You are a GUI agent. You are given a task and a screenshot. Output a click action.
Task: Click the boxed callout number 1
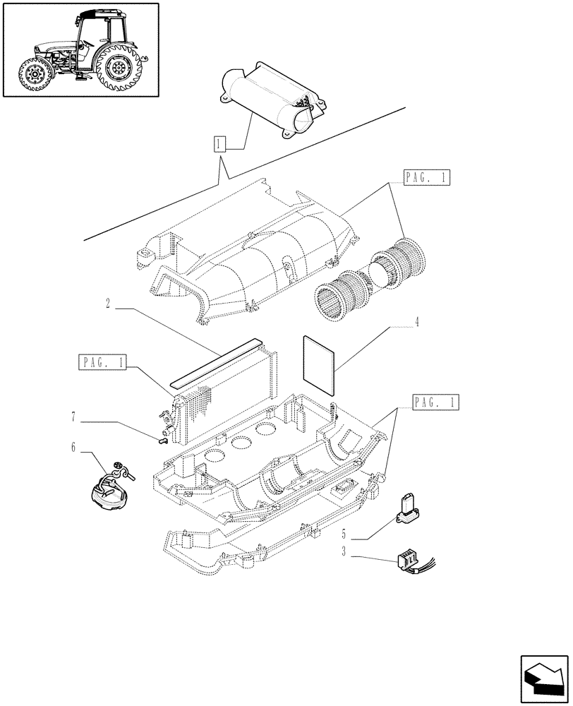point(220,146)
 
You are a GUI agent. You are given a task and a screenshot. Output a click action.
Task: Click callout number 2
point(107,304)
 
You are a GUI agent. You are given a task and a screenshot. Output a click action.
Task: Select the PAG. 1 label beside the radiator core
point(103,363)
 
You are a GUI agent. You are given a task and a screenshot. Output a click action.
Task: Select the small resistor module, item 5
point(408,509)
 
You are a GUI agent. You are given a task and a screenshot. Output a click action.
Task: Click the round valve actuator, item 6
point(106,486)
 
